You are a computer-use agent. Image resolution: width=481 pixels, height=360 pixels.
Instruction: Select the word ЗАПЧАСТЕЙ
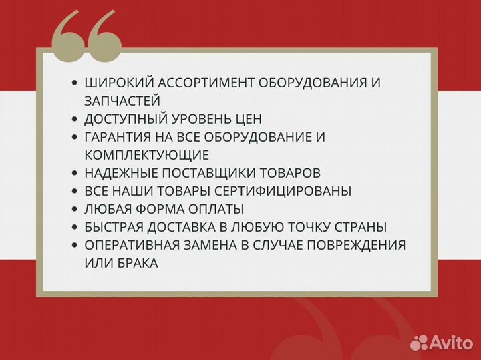click(x=122, y=101)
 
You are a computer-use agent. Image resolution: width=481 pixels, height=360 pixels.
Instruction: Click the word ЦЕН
click(x=248, y=119)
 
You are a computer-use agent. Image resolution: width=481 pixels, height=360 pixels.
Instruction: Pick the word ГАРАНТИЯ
click(x=122, y=137)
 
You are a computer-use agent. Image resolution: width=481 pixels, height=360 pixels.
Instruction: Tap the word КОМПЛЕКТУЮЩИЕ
click(x=147, y=155)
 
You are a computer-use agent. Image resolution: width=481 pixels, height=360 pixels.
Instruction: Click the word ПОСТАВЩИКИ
click(x=203, y=173)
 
